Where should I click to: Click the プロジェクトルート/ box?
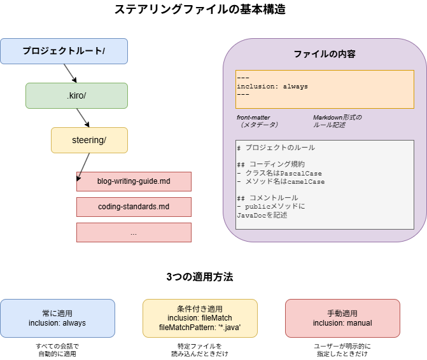click(x=64, y=51)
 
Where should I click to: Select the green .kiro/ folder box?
click(x=76, y=95)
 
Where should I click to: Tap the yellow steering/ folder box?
click(x=89, y=140)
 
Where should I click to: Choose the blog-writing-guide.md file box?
click(x=134, y=181)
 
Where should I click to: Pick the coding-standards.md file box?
click(x=134, y=207)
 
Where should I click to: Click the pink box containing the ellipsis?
click(x=134, y=232)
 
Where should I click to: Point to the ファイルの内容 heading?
click(x=325, y=54)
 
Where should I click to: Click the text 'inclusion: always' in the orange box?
click(x=272, y=86)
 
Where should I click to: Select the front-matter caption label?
click(x=253, y=118)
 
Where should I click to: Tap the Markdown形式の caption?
click(x=337, y=118)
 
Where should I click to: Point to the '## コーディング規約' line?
click(x=270, y=164)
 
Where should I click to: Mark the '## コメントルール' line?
click(x=267, y=198)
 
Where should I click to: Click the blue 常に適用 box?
click(x=57, y=318)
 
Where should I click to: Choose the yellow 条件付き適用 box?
click(x=200, y=318)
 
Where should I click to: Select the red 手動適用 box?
click(x=342, y=318)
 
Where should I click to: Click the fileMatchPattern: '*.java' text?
click(x=200, y=328)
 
